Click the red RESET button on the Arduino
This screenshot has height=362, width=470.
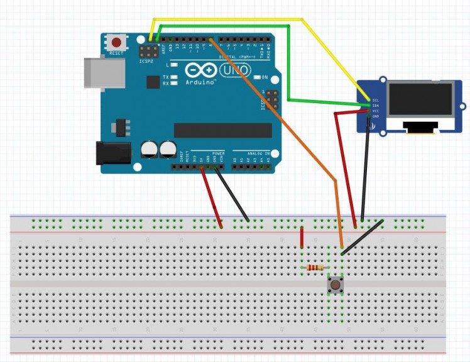point(116,43)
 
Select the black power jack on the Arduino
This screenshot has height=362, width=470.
point(111,154)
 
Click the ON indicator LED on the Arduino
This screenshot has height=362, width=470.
point(256,78)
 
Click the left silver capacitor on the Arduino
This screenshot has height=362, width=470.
point(150,150)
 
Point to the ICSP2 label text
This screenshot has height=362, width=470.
point(145,62)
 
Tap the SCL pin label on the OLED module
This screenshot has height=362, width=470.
point(375,100)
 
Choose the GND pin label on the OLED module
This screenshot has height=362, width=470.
point(375,116)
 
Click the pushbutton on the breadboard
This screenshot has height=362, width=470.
point(336,285)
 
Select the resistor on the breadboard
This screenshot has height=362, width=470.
point(314,268)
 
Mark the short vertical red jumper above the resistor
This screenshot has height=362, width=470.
point(302,239)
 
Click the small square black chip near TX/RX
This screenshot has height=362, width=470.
point(153,82)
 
